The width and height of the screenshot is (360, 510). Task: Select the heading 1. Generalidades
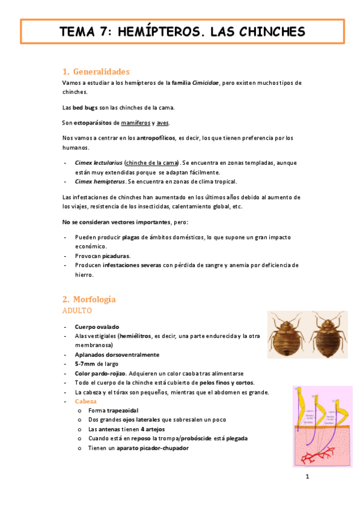(96, 72)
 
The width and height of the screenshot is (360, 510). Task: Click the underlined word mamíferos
(135, 123)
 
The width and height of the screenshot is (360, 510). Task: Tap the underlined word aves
(162, 123)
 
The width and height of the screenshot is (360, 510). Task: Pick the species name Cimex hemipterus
(100, 181)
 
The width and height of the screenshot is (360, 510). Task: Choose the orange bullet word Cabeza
(85, 401)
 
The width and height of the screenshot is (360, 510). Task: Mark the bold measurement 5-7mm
(85, 364)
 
